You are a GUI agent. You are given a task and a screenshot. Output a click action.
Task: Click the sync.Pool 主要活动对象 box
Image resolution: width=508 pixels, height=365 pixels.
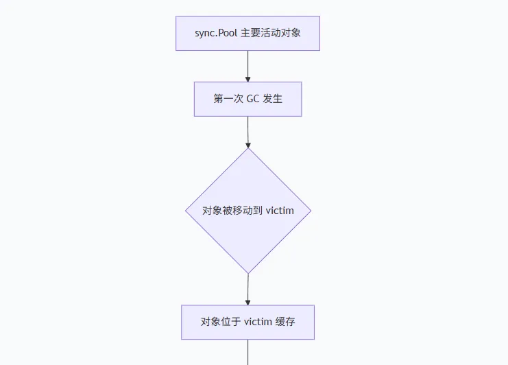[247, 33]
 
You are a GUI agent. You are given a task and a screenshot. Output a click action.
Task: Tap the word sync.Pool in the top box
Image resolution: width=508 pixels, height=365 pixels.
[216, 33]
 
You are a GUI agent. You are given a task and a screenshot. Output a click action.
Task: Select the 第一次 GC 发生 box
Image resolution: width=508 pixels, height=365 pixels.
[247, 99]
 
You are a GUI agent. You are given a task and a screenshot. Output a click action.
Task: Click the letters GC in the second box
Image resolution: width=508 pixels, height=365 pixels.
[253, 99]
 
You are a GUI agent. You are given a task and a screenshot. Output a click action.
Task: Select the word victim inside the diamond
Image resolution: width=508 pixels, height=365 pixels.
[280, 211]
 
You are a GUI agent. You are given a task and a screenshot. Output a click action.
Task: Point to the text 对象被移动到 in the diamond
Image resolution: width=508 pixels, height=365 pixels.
[232, 211]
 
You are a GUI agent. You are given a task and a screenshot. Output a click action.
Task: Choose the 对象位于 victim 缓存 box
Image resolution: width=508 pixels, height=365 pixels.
[247, 322]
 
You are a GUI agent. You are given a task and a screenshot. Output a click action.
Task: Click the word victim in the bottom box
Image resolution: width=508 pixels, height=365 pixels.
[258, 322]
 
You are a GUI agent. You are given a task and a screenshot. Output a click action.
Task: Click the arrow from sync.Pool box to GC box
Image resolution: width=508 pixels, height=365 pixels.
[247, 66]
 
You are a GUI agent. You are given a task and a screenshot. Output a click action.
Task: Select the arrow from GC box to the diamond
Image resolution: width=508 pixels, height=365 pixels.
[247, 132]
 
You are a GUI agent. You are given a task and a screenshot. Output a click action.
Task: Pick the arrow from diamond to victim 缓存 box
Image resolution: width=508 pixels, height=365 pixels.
[247, 289]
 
